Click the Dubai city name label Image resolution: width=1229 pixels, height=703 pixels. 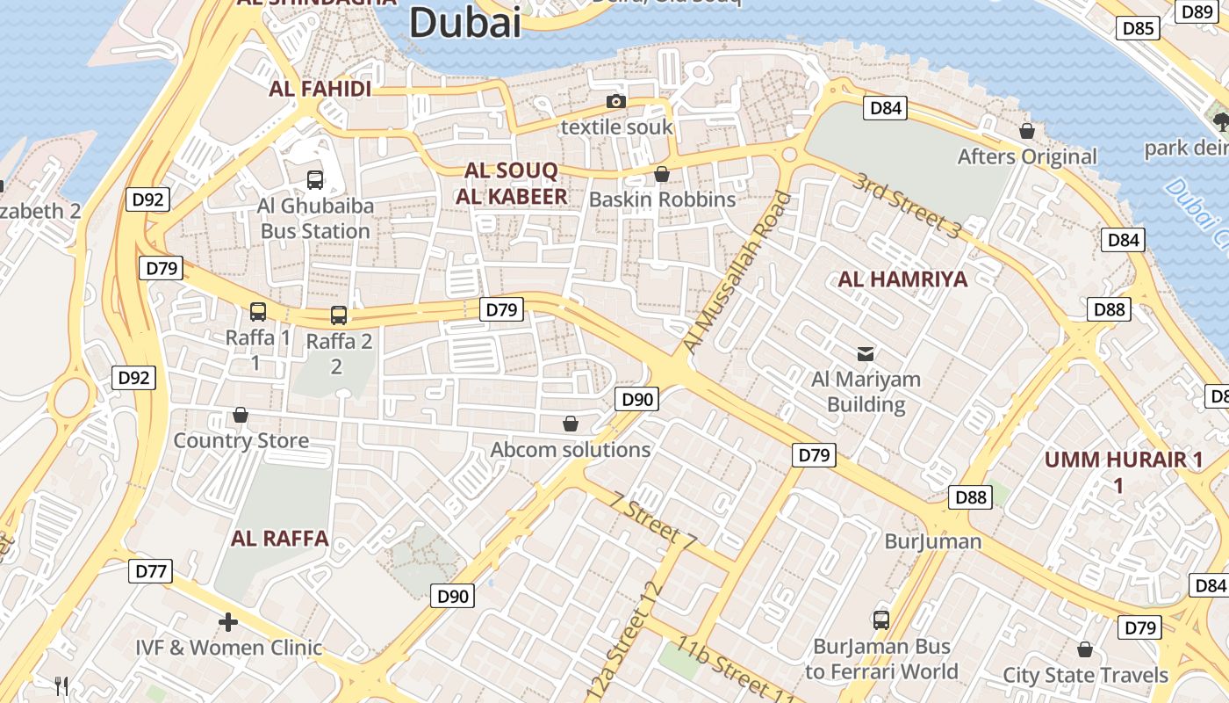[x=465, y=22]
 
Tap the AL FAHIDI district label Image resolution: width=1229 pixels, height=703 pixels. [x=320, y=89]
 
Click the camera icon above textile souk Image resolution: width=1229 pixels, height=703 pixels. [x=616, y=102]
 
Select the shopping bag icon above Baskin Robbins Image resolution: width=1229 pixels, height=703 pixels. [x=662, y=174]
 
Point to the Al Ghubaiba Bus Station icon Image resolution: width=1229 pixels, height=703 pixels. [x=315, y=180]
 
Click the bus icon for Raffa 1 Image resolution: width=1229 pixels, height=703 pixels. [x=258, y=311]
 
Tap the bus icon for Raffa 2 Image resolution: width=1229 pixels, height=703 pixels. [x=339, y=315]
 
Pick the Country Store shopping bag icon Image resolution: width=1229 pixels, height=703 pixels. [x=241, y=415]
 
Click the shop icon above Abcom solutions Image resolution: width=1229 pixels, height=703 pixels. [x=571, y=424]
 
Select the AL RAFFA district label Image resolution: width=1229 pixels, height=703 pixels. [x=280, y=539]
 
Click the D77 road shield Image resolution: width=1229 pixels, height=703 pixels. [x=151, y=571]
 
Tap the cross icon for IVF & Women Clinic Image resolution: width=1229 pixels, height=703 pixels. [x=228, y=622]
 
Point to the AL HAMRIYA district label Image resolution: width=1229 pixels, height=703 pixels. [x=902, y=279]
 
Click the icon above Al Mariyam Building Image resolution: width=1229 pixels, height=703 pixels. [x=866, y=353]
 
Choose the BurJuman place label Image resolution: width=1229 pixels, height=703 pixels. [x=932, y=540]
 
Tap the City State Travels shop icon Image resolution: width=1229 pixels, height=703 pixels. [x=1085, y=649]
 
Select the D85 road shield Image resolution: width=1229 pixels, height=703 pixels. [x=1139, y=28]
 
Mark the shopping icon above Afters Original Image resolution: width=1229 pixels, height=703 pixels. [x=1026, y=131]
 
